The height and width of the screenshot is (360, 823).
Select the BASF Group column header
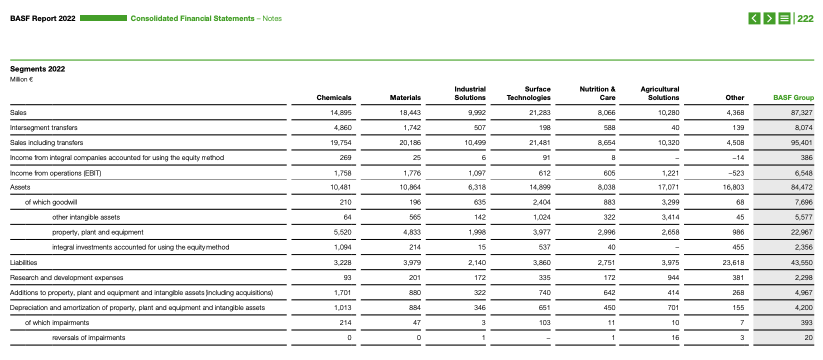[x=794, y=98]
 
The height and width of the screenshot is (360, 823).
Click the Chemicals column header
[x=333, y=98]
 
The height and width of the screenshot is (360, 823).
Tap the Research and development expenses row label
[x=66, y=277]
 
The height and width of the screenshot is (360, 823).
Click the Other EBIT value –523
[x=736, y=173]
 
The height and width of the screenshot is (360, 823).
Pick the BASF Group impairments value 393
[x=805, y=322]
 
